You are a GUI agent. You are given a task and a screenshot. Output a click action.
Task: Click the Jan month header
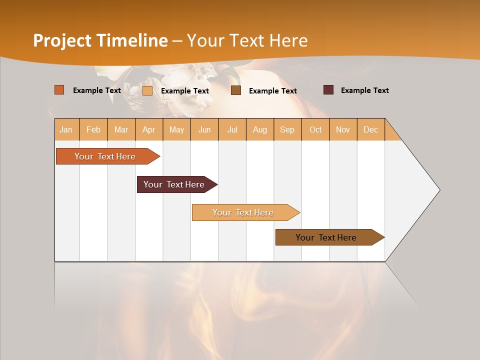click(66, 129)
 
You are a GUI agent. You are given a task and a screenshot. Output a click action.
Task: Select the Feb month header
click(93, 129)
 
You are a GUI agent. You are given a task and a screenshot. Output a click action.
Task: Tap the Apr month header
click(149, 129)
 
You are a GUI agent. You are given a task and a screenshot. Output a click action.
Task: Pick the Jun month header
click(204, 129)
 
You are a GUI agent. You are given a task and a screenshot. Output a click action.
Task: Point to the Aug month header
click(260, 129)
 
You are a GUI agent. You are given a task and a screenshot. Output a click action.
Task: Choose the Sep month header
click(287, 129)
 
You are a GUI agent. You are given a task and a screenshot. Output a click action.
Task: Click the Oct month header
click(315, 129)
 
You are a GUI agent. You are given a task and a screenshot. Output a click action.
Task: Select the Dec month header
click(371, 129)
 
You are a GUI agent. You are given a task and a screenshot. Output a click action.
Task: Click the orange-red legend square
click(59, 90)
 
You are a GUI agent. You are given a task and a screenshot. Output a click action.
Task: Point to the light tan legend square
click(147, 90)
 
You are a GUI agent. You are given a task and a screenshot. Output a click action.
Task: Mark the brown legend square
click(236, 90)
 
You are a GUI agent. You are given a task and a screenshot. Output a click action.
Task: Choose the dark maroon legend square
click(328, 90)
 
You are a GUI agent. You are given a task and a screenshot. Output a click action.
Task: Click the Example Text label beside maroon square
click(365, 90)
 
